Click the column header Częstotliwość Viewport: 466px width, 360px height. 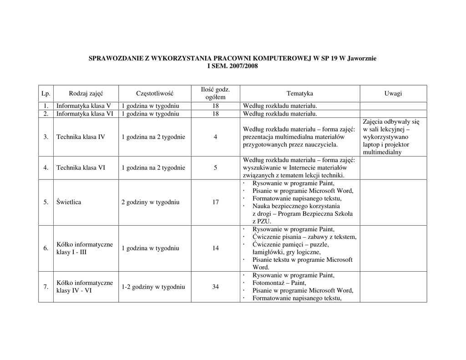pos(155,93)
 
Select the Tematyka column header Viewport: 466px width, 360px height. pos(299,93)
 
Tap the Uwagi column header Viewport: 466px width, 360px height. pos(393,93)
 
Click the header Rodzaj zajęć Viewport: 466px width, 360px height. pos(86,93)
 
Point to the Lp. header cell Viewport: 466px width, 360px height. pos(46,93)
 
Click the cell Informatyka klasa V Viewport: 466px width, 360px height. pos(84,106)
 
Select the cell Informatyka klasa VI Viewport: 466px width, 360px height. pos(85,114)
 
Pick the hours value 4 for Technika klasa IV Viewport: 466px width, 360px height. pos(215,137)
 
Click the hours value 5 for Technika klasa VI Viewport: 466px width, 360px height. pos(215,167)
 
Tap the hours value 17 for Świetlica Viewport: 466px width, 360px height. pos(215,202)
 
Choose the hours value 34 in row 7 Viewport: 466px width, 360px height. pos(215,287)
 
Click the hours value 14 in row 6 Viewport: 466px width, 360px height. pos(215,248)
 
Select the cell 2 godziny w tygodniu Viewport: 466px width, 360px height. pos(150,202)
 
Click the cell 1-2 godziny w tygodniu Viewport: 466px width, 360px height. pos(153,287)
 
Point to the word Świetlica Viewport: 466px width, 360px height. pos(69,202)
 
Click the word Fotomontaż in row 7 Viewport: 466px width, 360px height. pos(268,283)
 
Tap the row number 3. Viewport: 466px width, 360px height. pos(46,137)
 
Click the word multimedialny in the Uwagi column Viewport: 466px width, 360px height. pos(382,152)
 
